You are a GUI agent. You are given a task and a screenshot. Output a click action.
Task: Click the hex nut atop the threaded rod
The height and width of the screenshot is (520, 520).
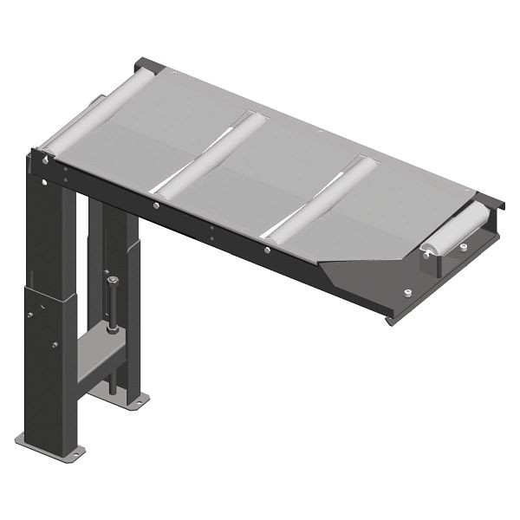(114, 279)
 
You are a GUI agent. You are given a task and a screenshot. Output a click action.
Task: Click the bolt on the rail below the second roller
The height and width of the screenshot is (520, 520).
(154, 205)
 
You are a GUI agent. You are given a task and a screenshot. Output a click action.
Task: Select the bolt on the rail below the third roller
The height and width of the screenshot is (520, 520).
(267, 251)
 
